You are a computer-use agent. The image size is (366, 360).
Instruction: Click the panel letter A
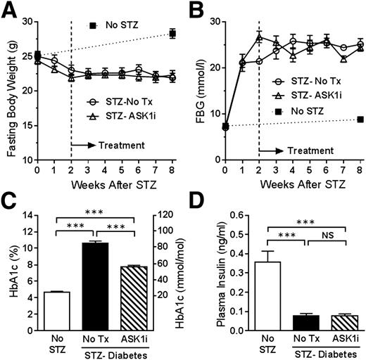9,9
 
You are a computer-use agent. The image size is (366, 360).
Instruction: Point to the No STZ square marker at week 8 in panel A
172,34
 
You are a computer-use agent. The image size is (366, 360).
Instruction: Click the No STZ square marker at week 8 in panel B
360,120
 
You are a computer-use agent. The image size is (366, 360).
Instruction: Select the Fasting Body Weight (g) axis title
10,90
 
